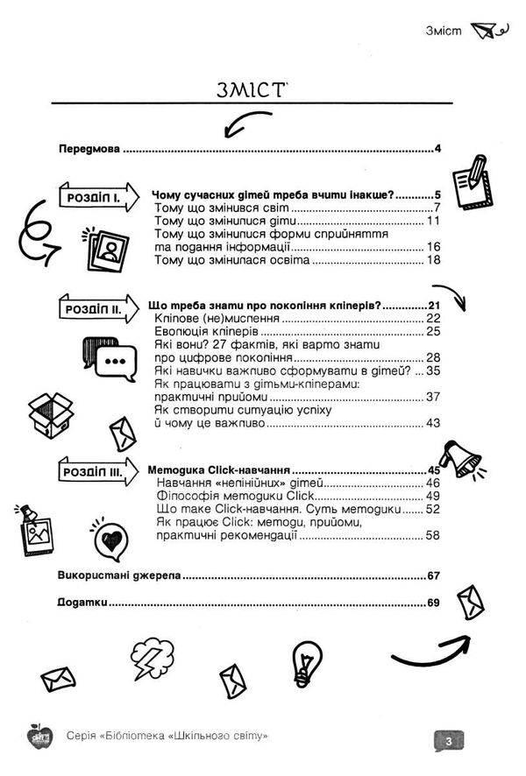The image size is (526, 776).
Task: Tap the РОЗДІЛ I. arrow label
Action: click(94, 199)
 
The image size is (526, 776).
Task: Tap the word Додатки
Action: click(80, 603)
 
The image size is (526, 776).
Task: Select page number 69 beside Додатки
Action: click(432, 603)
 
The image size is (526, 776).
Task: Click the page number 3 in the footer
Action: click(447, 742)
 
